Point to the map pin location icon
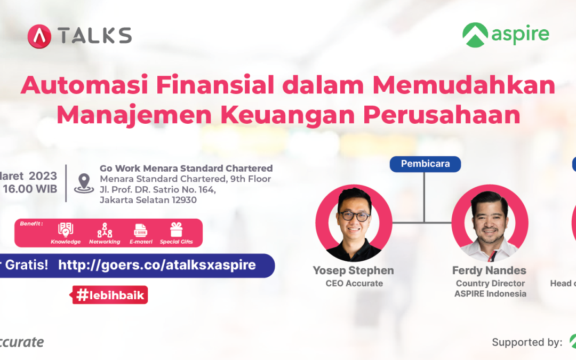84,183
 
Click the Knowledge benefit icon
66,229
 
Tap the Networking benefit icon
105,230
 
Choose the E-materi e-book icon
141,230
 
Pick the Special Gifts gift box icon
176,229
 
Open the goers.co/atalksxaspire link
157,265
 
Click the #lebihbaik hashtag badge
110,295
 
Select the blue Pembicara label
425,164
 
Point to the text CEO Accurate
354,283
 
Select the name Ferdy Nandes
489,270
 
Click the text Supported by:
527,342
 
